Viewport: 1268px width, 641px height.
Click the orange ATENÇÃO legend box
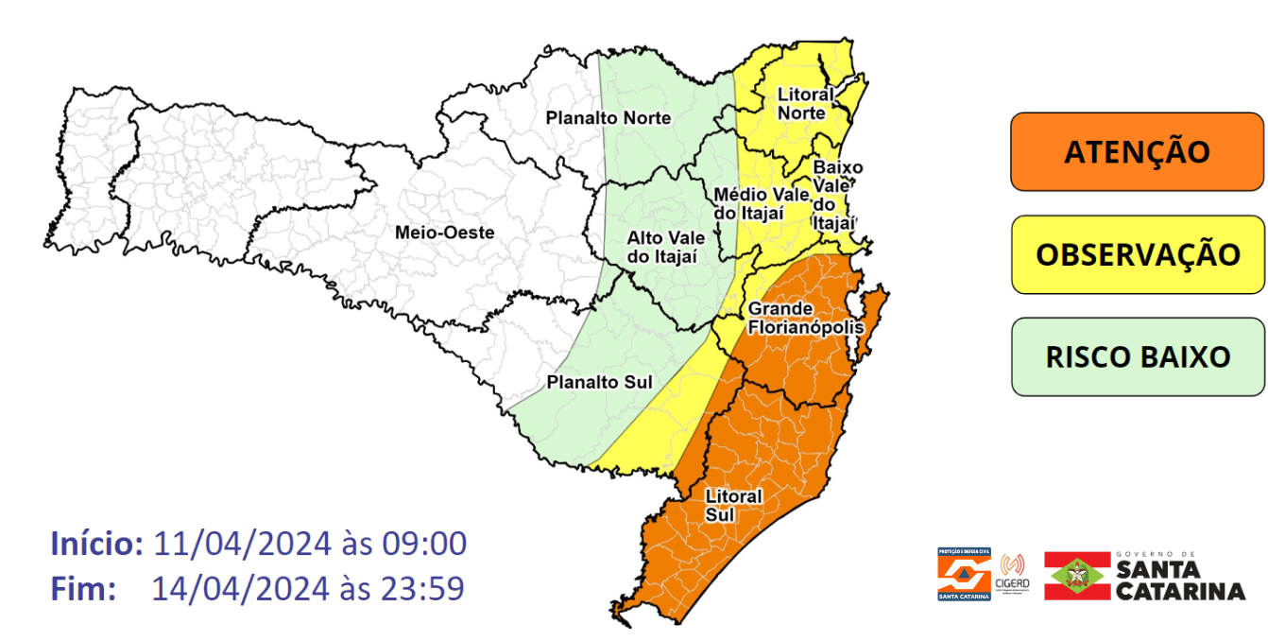[x=1137, y=152]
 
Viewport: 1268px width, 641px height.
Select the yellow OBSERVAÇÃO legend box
[x=1137, y=254]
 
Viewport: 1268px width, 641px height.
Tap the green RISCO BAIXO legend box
[x=1137, y=356]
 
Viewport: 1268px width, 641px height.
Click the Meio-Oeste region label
[x=444, y=232]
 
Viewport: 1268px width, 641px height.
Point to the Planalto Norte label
[x=608, y=118]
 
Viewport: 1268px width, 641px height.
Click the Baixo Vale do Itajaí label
[x=836, y=195]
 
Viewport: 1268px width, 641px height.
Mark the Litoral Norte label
[x=805, y=104]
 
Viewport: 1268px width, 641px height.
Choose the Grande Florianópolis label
[x=805, y=319]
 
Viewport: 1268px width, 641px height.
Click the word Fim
[x=83, y=589]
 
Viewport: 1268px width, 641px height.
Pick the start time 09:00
[x=424, y=545]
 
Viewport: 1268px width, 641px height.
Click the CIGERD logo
[x=1012, y=574]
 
